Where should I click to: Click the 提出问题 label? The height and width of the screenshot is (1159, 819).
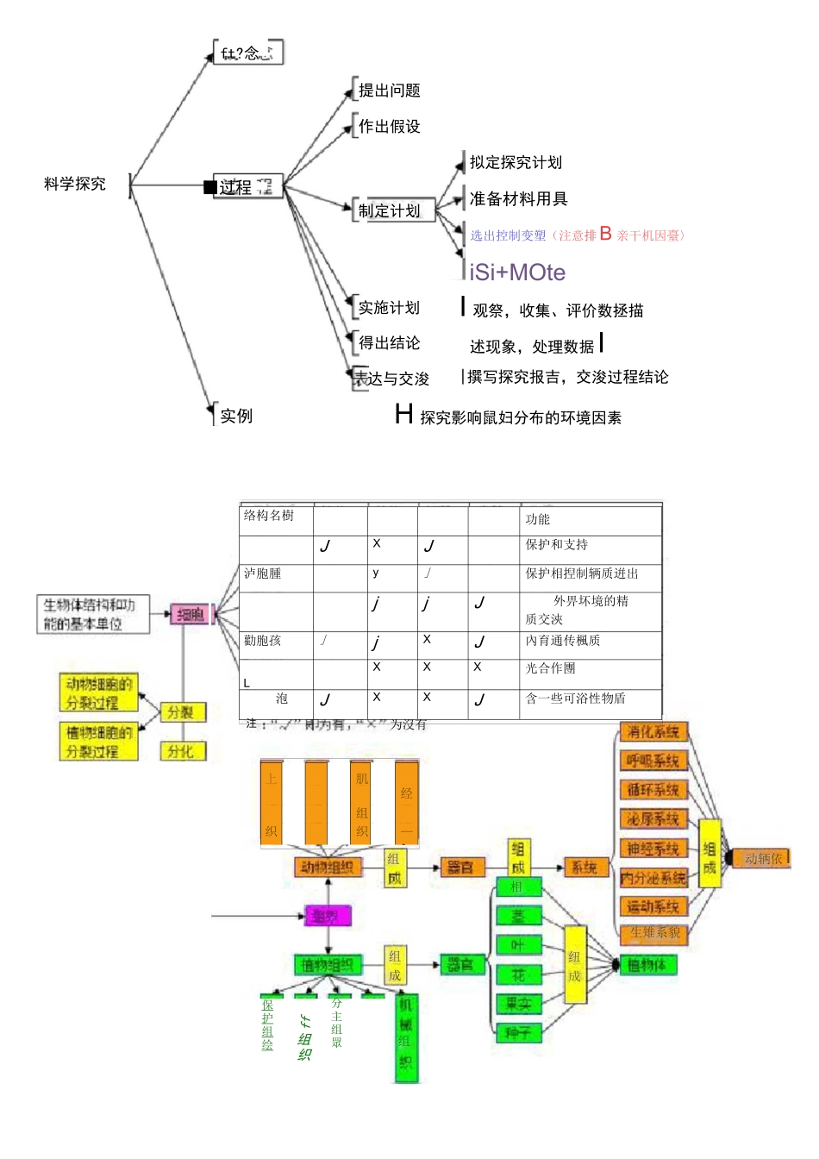(x=389, y=91)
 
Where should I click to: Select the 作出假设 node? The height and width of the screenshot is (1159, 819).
(x=389, y=127)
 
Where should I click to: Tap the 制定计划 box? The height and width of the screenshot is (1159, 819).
(x=389, y=210)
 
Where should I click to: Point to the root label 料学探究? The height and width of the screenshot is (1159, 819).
(x=75, y=184)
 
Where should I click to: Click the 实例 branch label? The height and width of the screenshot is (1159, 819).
(x=235, y=416)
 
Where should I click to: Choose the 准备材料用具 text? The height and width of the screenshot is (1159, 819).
(x=518, y=199)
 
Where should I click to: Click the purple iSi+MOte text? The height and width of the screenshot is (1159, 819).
(x=517, y=273)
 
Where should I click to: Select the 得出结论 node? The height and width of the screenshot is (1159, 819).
(x=389, y=343)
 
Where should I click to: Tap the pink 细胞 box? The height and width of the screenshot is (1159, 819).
(x=191, y=615)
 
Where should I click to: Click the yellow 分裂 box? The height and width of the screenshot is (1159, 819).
(x=181, y=712)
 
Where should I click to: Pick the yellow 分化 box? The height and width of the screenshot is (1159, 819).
(x=181, y=751)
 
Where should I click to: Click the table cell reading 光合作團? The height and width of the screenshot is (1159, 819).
(x=550, y=668)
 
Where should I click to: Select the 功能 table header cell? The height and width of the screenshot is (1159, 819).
(x=537, y=519)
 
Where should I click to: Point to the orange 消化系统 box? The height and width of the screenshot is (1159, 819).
(x=653, y=732)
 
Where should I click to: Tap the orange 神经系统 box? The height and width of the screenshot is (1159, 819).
(x=653, y=849)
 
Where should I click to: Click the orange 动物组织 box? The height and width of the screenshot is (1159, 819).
(x=328, y=867)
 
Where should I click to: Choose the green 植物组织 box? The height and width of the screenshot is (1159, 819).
(x=328, y=965)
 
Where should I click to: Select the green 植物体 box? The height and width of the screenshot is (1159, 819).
(x=647, y=965)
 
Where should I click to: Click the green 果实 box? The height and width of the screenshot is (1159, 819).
(x=518, y=1004)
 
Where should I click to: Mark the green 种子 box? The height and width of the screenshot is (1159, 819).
(x=518, y=1032)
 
